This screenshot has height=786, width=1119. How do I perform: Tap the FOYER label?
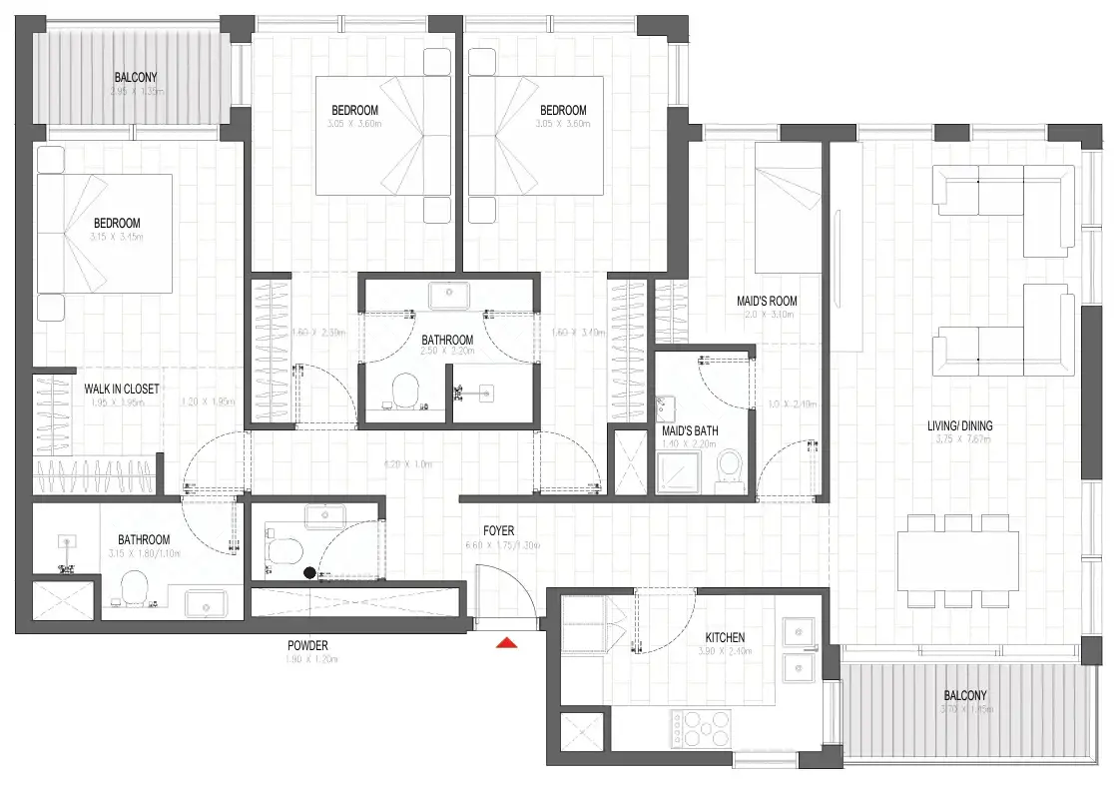498,531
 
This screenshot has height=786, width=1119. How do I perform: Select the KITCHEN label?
725,637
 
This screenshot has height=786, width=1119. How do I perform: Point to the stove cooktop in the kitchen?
704,727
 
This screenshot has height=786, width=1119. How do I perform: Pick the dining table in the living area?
958,560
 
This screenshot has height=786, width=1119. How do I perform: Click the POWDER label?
306,645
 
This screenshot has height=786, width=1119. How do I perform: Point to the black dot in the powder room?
309,572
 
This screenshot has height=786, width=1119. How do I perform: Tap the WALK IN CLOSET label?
122,389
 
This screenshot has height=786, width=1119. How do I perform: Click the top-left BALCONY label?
136,77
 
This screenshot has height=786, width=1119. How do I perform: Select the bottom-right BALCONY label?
965,695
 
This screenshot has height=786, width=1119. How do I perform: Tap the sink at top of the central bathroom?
448,297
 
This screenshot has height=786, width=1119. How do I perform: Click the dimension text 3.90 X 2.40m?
725,651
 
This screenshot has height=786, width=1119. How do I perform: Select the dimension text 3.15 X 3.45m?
117,237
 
